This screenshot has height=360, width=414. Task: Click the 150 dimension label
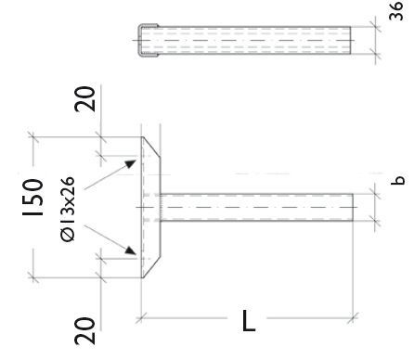[32, 198]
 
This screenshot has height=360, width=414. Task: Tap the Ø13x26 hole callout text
[68, 209]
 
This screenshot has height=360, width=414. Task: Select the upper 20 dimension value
[84, 98]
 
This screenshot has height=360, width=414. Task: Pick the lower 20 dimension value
[84, 331]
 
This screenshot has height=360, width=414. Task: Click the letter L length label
[249, 320]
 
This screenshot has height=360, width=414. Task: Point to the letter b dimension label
[397, 180]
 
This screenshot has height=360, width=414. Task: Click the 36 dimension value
[396, 11]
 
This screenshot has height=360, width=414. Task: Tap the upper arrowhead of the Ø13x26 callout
[131, 163]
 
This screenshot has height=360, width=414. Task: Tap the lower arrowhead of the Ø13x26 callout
[130, 251]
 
